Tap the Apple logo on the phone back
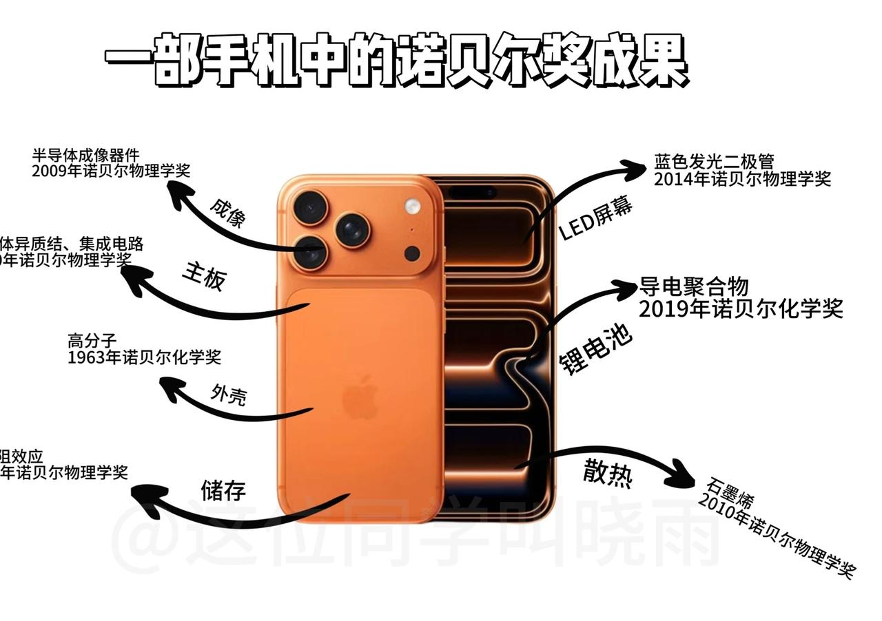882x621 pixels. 361,398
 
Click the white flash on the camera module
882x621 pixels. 413,205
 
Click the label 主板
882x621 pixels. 204,275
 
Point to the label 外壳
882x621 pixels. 229,394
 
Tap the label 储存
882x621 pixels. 223,491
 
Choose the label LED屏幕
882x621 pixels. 595,219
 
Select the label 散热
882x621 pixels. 607,474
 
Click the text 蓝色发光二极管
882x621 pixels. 714,162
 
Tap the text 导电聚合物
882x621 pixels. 694,286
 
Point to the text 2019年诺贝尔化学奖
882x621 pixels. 741,309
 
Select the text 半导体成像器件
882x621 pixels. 85,155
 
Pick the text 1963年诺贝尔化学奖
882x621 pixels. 144,357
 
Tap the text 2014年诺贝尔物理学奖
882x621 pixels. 742,179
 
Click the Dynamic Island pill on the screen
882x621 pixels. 472,191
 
